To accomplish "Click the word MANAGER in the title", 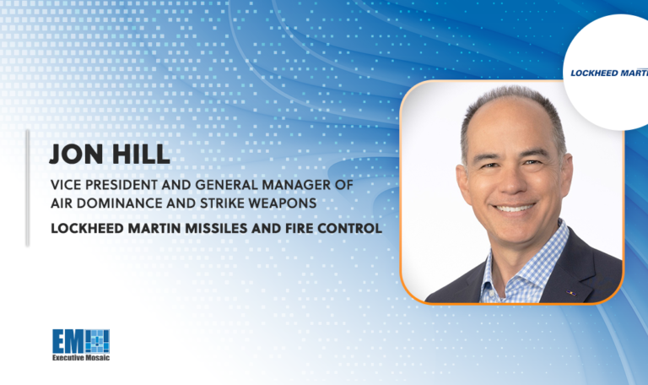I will pos(287,184).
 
